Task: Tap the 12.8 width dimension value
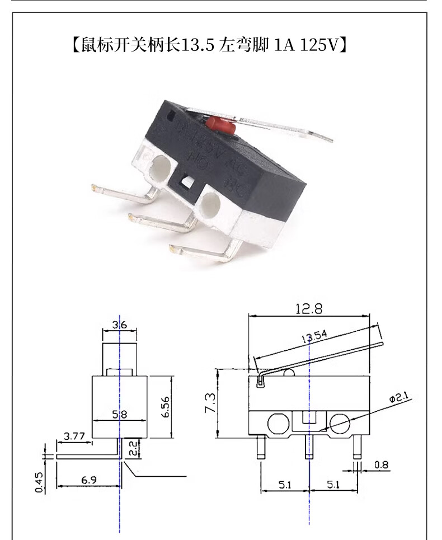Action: click(x=309, y=308)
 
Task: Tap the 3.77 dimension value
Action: click(x=74, y=436)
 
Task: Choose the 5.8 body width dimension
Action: click(x=119, y=415)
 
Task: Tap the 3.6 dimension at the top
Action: click(x=119, y=324)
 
